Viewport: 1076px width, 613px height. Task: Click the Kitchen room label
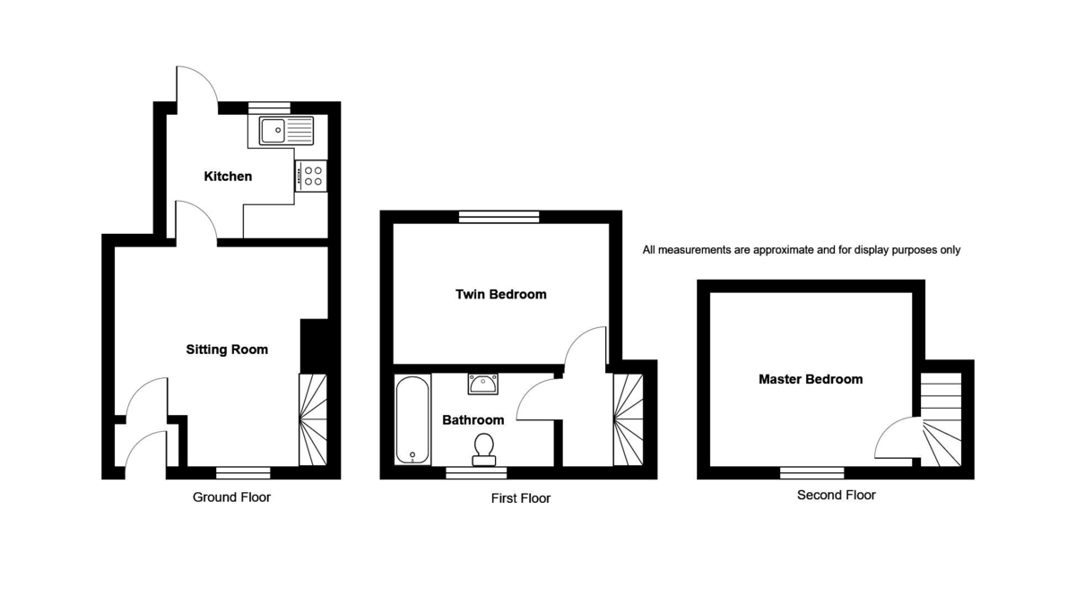228,177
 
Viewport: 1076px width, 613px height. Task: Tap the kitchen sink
286,131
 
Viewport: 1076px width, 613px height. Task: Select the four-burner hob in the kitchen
312,175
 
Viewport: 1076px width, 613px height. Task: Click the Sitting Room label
227,350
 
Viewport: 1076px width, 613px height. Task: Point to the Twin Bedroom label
500,294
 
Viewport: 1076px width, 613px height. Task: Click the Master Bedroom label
811,379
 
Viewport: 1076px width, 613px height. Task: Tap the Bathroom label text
473,419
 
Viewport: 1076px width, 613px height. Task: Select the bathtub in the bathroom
412,419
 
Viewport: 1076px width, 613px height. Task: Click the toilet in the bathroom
484,447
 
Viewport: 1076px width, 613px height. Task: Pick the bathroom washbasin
483,384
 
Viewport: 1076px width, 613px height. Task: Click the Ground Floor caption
231,496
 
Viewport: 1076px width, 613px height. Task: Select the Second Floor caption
836,495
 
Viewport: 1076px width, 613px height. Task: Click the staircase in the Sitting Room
312,419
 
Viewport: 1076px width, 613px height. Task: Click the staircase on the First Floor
628,419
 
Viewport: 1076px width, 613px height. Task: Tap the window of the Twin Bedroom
499,216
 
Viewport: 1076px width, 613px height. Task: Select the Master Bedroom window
811,472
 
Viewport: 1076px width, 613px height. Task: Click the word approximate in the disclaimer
769,250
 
